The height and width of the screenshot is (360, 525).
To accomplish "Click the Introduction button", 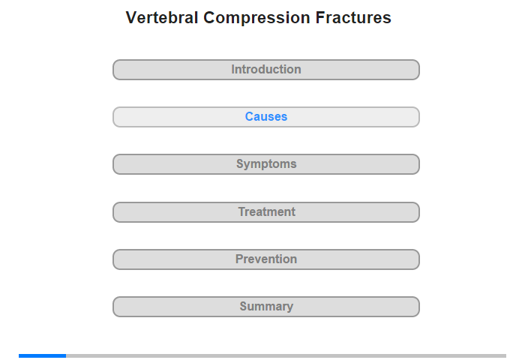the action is point(266,70).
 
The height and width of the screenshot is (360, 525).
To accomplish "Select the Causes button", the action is point(266,117).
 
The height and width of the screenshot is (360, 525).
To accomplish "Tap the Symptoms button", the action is point(266,164).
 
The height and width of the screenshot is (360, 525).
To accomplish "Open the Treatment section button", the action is point(266,212).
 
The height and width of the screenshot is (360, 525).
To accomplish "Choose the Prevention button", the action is point(266,259).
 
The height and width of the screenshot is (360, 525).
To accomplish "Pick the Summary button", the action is point(266,307).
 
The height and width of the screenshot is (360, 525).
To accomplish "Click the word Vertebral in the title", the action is point(162,17).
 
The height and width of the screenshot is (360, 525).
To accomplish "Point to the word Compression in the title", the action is point(256,18).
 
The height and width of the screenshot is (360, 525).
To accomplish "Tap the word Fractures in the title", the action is point(353,17).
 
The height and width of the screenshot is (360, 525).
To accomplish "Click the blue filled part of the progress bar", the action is point(42,355).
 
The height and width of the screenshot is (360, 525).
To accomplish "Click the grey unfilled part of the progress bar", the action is point(286,355).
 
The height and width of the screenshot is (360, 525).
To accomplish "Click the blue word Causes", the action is point(266,116).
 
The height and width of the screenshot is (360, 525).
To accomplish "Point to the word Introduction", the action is point(266,69).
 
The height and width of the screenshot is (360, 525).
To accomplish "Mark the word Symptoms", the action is point(266,164).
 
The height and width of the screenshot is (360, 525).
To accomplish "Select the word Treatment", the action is point(267,211).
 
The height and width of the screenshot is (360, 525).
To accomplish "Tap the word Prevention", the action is point(266,259).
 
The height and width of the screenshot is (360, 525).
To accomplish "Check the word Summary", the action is point(266,307).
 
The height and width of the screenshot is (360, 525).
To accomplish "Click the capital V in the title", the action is point(131,18).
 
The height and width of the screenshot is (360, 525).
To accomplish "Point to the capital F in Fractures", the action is point(320,18).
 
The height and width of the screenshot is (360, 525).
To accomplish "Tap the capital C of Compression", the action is point(210,18).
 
